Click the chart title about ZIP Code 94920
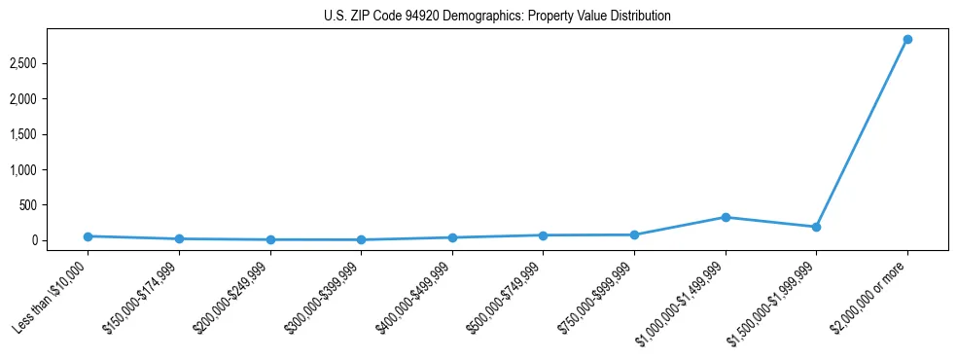[x=497, y=17]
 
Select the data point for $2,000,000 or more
[x=906, y=40]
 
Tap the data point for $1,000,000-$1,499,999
[x=725, y=217]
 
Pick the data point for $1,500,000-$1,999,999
[x=816, y=227]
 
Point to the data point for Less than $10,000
[x=88, y=236]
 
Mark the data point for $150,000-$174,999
[x=179, y=239]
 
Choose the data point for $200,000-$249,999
[x=270, y=240]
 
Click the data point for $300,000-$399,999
[x=361, y=240]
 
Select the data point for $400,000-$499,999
[x=452, y=237]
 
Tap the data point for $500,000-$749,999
[x=543, y=235]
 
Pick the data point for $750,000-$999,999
[x=634, y=234]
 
